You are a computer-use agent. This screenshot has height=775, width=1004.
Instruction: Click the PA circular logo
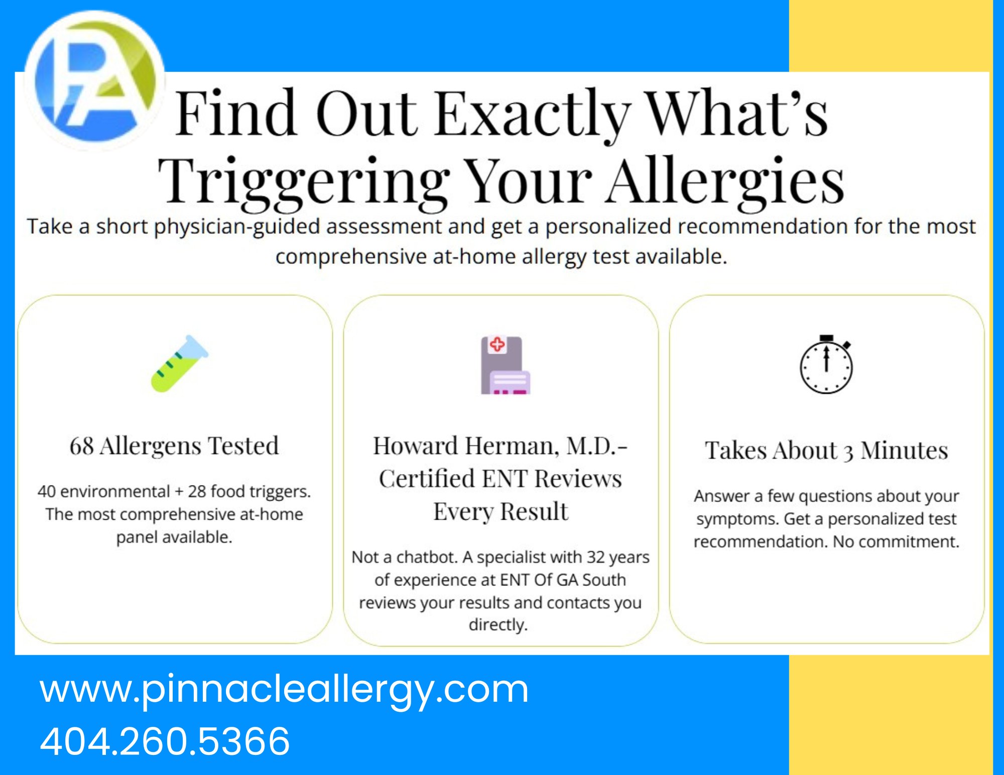[x=95, y=80]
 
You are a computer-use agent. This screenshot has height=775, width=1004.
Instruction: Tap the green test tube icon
[x=180, y=364]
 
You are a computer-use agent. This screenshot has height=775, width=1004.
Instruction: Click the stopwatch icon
[x=826, y=364]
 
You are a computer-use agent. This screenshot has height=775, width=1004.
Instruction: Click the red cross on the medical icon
[x=497, y=345]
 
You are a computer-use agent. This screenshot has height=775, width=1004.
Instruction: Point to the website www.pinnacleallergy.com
[x=284, y=690]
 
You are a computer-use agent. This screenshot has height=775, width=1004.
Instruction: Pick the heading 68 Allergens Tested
[x=174, y=446]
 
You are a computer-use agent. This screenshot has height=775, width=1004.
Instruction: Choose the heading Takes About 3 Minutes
[x=826, y=450]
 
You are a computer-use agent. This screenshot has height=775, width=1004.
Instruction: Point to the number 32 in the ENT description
[x=596, y=557]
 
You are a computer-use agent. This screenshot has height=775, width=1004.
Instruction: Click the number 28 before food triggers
[x=197, y=492]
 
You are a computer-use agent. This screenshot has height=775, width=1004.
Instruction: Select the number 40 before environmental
[x=47, y=492]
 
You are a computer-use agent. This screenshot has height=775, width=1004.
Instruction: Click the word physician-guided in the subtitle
[x=236, y=227]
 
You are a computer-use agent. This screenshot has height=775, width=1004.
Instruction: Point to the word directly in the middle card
[x=498, y=625]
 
